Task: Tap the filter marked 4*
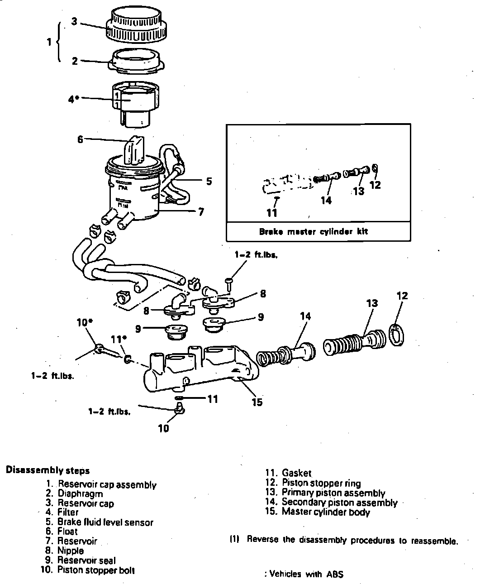click(135, 102)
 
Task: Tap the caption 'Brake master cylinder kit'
click(314, 232)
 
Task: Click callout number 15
click(257, 402)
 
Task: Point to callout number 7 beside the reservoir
click(201, 211)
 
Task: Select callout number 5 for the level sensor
click(209, 181)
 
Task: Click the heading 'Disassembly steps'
click(48, 470)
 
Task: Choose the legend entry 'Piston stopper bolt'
click(95, 570)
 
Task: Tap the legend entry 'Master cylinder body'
click(325, 512)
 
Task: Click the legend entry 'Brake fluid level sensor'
click(105, 522)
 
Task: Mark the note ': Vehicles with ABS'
click(304, 574)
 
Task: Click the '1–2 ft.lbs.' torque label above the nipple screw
click(256, 255)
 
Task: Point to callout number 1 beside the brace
click(49, 42)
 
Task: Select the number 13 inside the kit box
click(359, 191)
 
